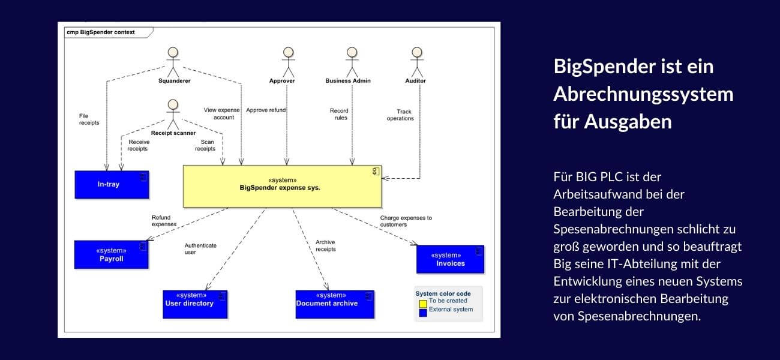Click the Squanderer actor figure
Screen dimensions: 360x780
[174, 60]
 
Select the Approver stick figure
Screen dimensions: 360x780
[289, 60]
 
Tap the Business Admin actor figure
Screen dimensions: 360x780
[352, 60]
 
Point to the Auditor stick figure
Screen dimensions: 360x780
[416, 60]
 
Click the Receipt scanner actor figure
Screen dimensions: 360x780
[173, 113]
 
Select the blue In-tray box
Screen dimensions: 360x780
[112, 184]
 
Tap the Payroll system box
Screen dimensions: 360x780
[111, 254]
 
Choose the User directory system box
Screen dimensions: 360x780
[195, 304]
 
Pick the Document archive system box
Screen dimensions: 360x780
[335, 304]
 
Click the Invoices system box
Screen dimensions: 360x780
[450, 259]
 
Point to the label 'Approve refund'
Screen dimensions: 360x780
[266, 110]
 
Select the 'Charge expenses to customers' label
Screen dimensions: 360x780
[406, 221]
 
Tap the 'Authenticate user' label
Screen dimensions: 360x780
[200, 248]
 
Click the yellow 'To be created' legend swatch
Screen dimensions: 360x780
[423, 301]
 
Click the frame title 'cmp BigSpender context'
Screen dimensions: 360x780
[101, 32]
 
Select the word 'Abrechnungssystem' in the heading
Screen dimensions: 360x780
[643, 94]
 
